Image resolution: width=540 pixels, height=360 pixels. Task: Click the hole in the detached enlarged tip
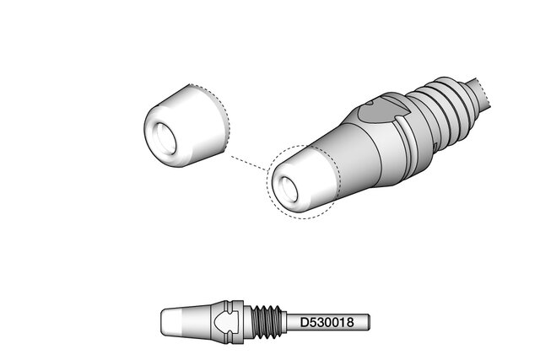tap(164, 138)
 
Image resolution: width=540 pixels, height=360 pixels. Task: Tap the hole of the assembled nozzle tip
tap(288, 190)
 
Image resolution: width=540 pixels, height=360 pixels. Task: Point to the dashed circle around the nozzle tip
tap(267, 182)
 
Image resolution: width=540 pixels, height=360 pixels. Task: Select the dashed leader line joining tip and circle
tap(249, 163)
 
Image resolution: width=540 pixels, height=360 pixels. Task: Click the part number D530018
tap(327, 323)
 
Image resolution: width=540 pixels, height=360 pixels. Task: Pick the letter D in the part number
tap(305, 323)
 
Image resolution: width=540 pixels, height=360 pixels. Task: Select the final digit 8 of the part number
tap(350, 323)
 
